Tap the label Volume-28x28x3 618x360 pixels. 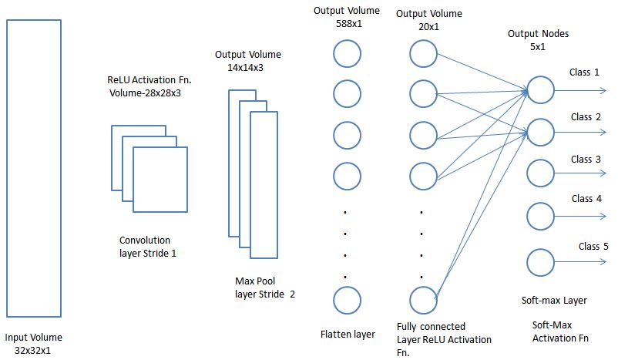pyautogui.click(x=150, y=93)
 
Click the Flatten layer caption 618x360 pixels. pyautogui.click(x=348, y=334)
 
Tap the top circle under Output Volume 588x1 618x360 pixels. pyautogui.click(x=347, y=53)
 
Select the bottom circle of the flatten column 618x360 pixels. pyautogui.click(x=347, y=300)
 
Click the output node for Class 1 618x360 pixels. pyautogui.click(x=540, y=89)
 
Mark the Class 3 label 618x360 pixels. pyautogui.click(x=586, y=160)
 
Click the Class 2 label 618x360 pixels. pyautogui.click(x=586, y=117)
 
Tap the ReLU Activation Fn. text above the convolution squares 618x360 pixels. pyautogui.click(x=149, y=80)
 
